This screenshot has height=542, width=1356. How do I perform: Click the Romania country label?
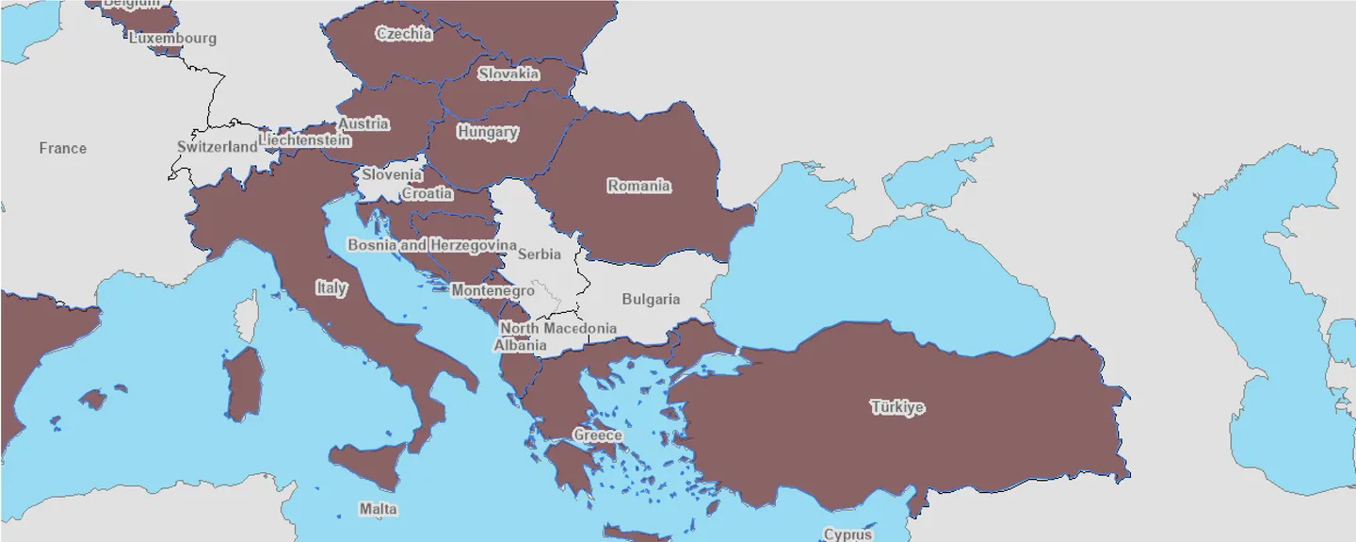[x=638, y=186]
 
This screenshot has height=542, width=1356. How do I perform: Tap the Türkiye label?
[x=896, y=407]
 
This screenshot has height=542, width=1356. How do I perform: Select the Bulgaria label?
[x=650, y=299]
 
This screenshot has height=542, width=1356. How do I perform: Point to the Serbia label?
[x=540, y=254]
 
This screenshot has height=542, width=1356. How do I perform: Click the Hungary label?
[x=487, y=132]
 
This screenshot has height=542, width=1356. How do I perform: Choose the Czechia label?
[x=404, y=34]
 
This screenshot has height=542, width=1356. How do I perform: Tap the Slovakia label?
[x=508, y=74]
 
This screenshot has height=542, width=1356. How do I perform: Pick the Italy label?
[x=331, y=287]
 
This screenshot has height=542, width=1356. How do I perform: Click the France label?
[x=63, y=148]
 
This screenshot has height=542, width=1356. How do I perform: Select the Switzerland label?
[x=217, y=147]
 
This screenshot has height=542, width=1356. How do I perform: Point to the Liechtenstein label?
[x=304, y=140]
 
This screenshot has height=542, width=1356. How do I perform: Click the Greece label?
[x=597, y=435]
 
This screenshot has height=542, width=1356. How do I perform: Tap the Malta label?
[x=378, y=509]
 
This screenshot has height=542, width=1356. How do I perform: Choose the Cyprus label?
[x=847, y=534]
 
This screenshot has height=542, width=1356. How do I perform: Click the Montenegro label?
[x=492, y=291]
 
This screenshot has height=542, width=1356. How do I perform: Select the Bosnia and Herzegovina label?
[x=432, y=245]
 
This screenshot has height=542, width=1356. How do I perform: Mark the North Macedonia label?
[x=558, y=328]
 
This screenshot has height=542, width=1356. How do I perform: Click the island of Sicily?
[x=367, y=466]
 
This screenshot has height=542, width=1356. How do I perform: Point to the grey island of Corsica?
[x=248, y=315]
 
